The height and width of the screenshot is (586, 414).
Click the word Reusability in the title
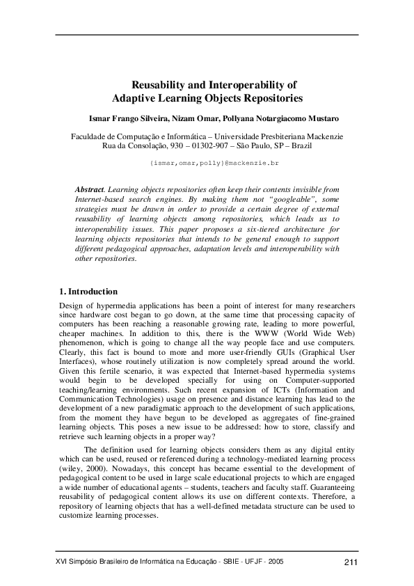tap(158, 85)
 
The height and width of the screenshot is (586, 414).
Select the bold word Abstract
tap(88, 189)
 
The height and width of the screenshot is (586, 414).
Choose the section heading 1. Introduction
tap(88, 292)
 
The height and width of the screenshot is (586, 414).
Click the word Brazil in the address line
tap(301, 147)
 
